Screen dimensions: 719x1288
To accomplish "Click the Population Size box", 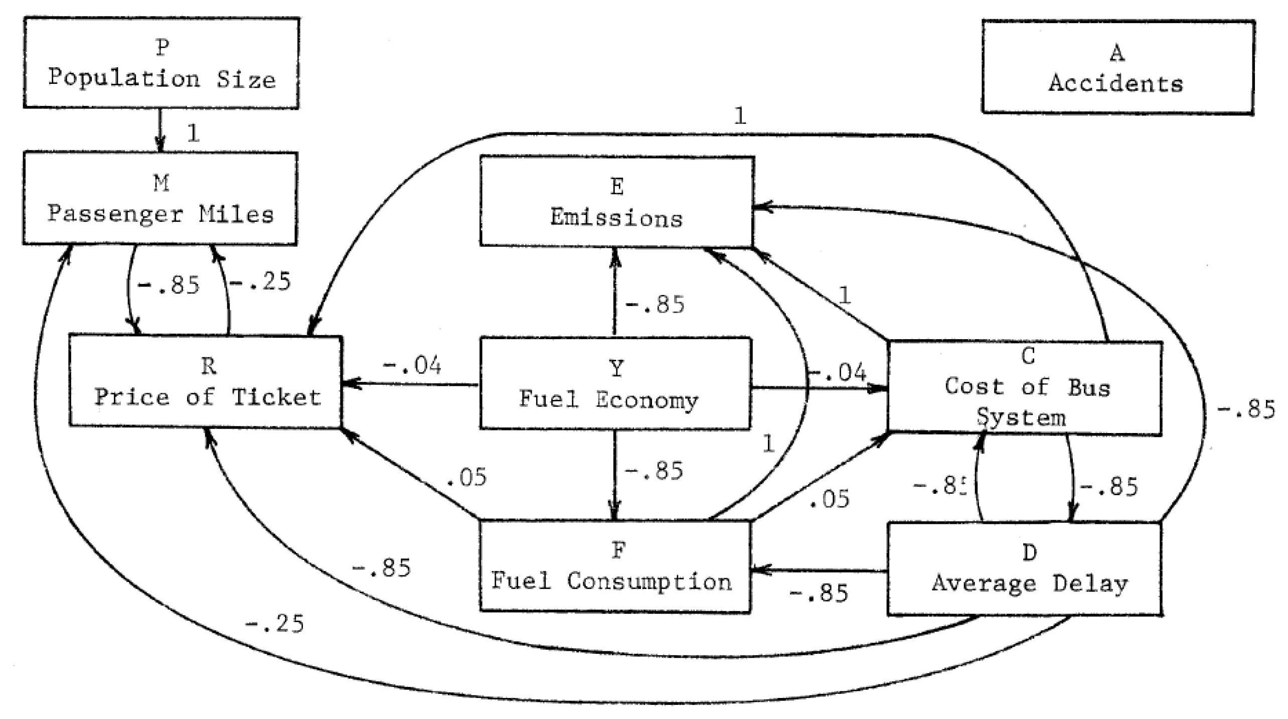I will (x=161, y=63).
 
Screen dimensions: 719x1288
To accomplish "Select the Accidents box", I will (x=1117, y=67).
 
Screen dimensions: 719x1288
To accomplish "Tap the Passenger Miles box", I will (x=160, y=198).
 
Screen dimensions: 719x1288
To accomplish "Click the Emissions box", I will (x=616, y=201).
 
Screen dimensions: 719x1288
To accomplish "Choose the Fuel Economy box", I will (x=615, y=383).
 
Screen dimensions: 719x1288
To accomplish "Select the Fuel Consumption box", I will (x=615, y=566).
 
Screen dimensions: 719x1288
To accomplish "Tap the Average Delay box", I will (x=1025, y=568).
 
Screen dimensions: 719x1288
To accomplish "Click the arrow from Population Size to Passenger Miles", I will (x=160, y=130).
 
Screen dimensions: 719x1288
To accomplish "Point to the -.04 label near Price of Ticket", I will (x=412, y=365).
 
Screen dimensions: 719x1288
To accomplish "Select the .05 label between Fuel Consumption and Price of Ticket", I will (x=466, y=477).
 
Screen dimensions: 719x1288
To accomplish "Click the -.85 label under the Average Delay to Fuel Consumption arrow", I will (x=819, y=593).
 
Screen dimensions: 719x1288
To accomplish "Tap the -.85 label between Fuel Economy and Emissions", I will (x=655, y=305).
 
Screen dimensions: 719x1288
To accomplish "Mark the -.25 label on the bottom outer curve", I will (x=274, y=624).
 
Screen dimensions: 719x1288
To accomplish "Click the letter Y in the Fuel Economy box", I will (x=617, y=369).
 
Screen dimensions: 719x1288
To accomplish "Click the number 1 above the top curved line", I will (x=740, y=116).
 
